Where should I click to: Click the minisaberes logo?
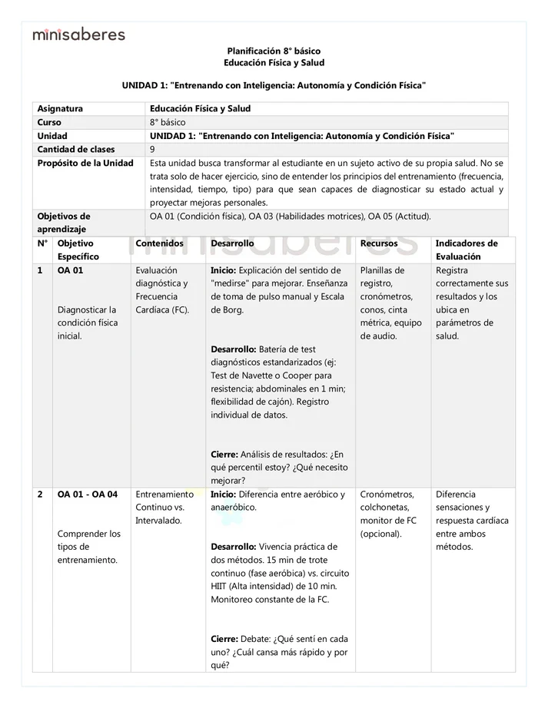tap(78, 34)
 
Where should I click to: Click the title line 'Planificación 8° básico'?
tap(274, 50)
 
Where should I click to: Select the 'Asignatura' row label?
tap(60, 109)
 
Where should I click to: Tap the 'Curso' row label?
tap(49, 122)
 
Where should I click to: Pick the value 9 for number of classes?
tap(152, 149)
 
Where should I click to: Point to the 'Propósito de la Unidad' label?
tap(85, 163)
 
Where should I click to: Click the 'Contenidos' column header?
tap(159, 243)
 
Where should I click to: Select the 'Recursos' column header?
tap(379, 243)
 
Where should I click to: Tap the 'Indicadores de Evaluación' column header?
tap(466, 250)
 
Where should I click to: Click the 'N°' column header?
tap(42, 243)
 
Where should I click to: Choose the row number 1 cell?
tap(40, 270)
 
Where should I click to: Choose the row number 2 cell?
tap(40, 495)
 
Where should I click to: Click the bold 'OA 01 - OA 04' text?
tap(88, 495)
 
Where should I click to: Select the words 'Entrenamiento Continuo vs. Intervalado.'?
tap(164, 508)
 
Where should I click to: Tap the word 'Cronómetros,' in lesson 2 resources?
tap(387, 495)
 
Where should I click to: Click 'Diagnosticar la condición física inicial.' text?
tap(88, 323)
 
